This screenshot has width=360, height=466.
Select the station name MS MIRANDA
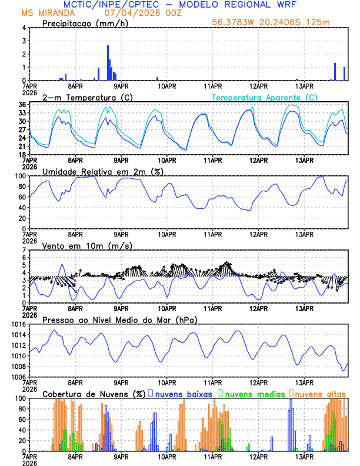point(48,13)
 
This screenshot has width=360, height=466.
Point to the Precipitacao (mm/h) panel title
point(85,23)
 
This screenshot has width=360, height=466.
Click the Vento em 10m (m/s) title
point(87,245)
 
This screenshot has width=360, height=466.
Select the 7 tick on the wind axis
point(24,250)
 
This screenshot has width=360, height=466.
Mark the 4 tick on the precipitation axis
point(24,28)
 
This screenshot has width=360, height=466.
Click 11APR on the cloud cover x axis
point(213,456)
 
